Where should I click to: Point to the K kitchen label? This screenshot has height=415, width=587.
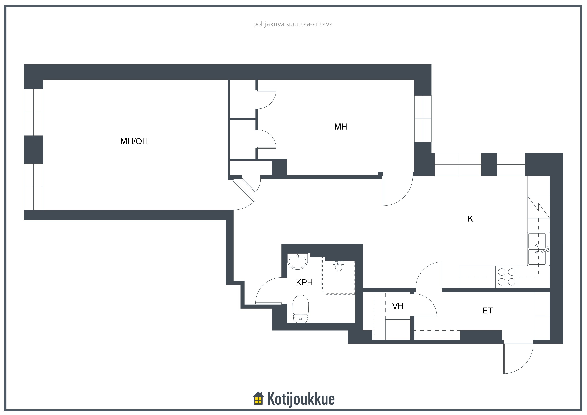pos(470,219)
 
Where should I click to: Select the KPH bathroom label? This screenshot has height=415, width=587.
pos(304,282)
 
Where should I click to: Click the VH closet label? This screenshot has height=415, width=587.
pos(398,306)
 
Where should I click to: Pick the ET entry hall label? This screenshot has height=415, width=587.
pos(487,310)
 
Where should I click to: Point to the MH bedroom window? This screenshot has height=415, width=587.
pos(423,119)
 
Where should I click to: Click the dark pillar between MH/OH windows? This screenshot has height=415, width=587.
pos(33,149)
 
